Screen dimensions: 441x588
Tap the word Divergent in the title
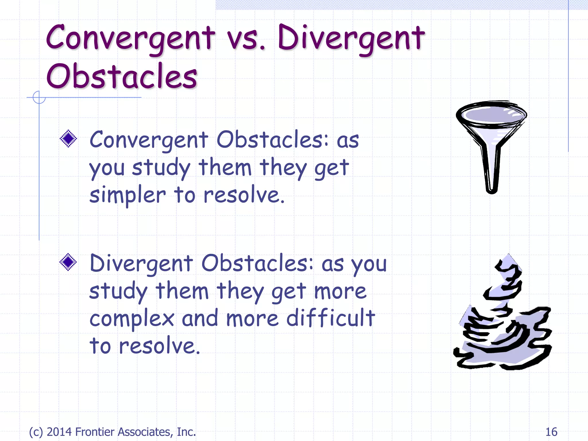[x=351, y=38]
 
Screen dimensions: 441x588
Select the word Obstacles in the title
[x=121, y=76]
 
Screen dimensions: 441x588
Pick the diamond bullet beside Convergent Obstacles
[x=68, y=139]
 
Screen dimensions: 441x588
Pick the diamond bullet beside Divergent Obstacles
[x=68, y=262]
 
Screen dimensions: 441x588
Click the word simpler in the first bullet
[x=127, y=195]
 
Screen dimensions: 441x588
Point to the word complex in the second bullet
[x=132, y=319]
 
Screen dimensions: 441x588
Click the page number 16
[x=551, y=432]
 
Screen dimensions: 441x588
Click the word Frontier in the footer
[x=95, y=432]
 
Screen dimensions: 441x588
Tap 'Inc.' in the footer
[x=186, y=432]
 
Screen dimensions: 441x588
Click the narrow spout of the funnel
[x=492, y=172]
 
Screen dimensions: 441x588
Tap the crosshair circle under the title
[x=39, y=97]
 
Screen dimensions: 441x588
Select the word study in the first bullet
[x=161, y=168]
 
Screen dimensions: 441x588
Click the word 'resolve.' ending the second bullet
[x=159, y=345]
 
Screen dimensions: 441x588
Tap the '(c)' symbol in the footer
[x=36, y=432]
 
